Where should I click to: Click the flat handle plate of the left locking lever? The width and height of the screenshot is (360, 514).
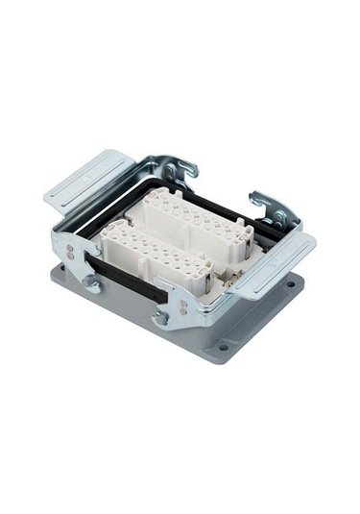88,178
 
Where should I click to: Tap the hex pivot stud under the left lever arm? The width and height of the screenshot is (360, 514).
91,283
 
